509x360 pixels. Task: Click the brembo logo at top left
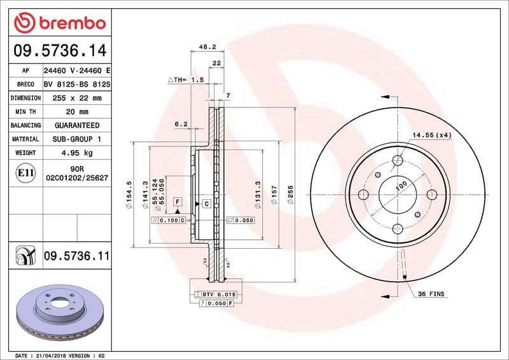point(59,22)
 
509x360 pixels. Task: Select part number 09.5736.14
point(59,50)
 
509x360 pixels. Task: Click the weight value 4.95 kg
point(77,153)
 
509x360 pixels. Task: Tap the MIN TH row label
point(25,111)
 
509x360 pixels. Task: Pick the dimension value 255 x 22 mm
point(77,98)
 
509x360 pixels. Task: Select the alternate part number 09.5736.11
point(76,256)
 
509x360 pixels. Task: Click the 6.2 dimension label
point(181,124)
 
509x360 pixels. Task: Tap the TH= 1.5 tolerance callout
point(186,80)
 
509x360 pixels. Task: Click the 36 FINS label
point(431,294)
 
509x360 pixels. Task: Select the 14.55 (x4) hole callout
point(431,135)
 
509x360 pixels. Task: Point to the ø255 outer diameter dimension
point(291,194)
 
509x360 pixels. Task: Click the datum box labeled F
point(178,202)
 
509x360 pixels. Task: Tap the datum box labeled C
point(207,204)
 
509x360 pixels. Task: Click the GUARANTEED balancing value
point(77,125)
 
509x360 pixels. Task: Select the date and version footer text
point(59,355)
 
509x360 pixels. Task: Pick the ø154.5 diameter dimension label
point(129,193)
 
